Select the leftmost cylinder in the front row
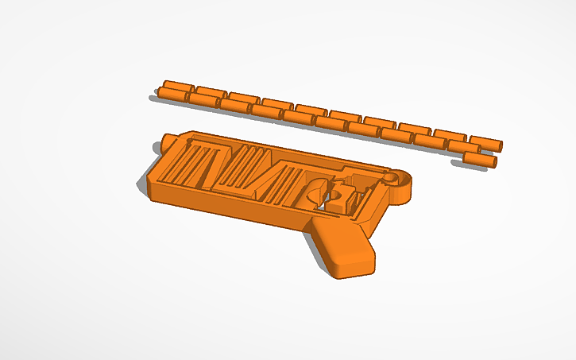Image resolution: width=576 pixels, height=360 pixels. coord(172,95)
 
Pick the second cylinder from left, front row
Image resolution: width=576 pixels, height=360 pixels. coord(204,100)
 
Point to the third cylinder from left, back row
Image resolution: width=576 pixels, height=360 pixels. coord(245,99)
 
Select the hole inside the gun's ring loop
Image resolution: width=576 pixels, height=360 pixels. coord(391,179)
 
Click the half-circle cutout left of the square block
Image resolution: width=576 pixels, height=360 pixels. coord(315,192)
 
